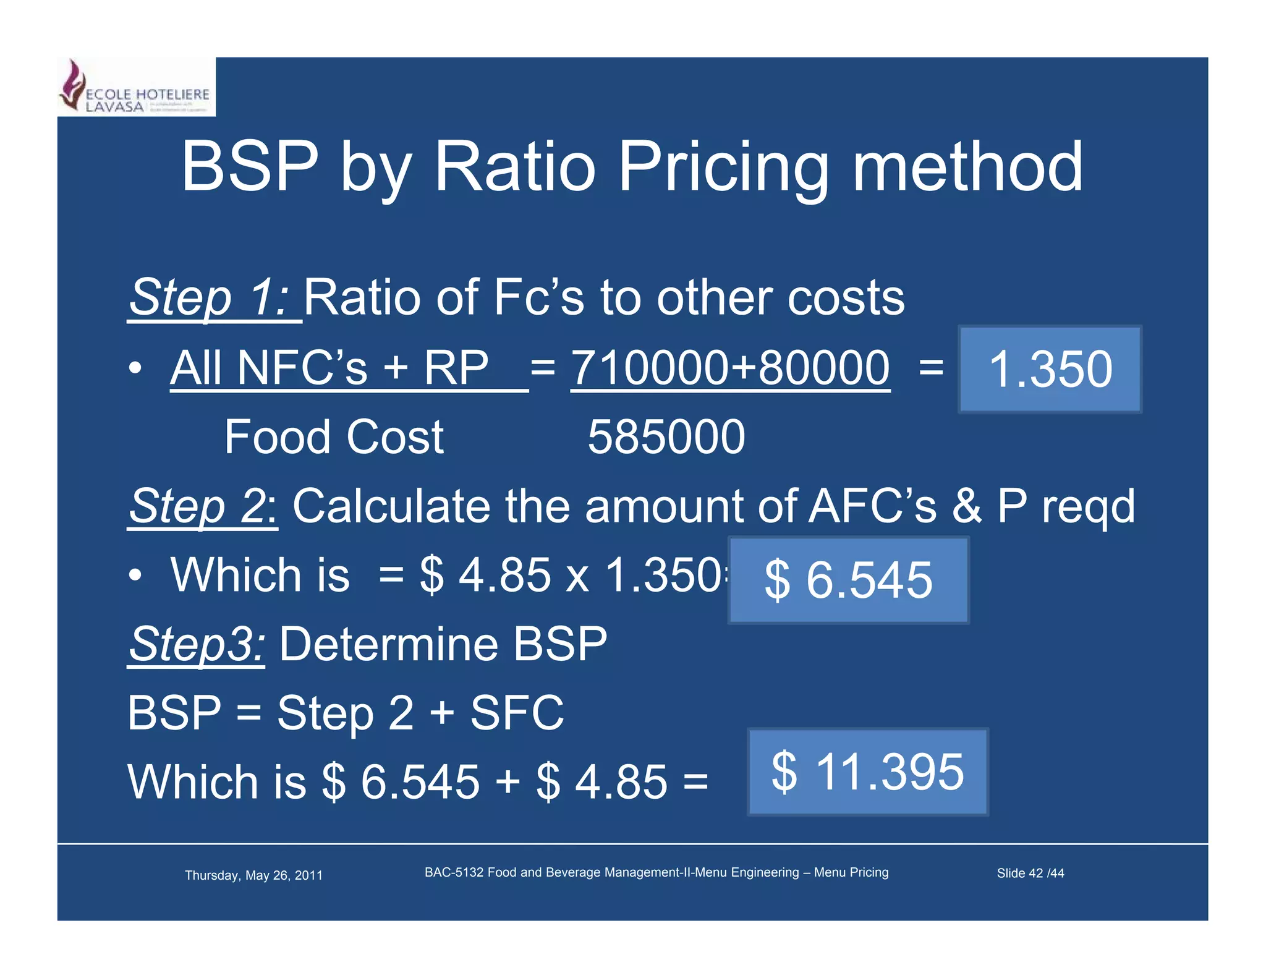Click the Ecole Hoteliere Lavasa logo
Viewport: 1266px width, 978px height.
click(x=136, y=88)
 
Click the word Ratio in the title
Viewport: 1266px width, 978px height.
click(x=514, y=167)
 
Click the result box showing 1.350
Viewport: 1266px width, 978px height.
click(x=1049, y=369)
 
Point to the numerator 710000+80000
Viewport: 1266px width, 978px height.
click(x=729, y=368)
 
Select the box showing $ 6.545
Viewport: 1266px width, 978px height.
click(x=848, y=580)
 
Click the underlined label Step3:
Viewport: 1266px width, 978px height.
click(x=197, y=644)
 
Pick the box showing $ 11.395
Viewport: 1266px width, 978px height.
click(x=867, y=772)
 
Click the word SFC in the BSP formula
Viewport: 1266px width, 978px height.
click(x=517, y=713)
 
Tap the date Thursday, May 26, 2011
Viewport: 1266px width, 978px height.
click(x=253, y=875)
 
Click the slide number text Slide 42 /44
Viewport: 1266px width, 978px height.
click(x=1030, y=873)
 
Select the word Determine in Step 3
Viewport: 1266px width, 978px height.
click(x=389, y=644)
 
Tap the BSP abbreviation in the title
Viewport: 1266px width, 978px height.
click(x=250, y=167)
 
